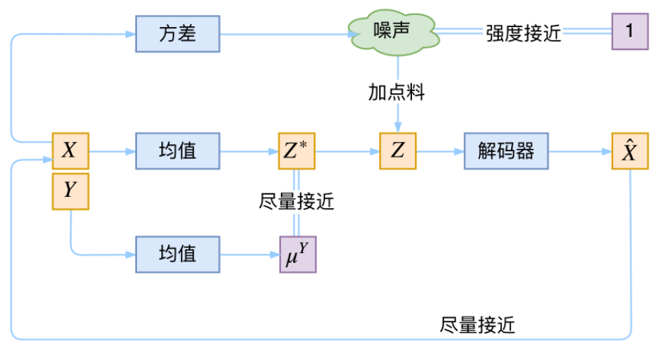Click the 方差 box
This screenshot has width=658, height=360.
(x=177, y=33)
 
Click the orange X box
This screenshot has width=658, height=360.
(x=70, y=150)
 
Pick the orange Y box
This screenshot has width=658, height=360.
(x=70, y=190)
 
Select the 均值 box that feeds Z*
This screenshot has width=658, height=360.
(x=177, y=150)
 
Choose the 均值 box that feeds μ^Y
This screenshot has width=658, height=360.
(x=177, y=253)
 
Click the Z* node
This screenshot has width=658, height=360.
(x=297, y=150)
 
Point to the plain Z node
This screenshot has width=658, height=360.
(x=398, y=150)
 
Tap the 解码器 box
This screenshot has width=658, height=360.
(x=505, y=150)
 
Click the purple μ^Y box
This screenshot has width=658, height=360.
(x=297, y=253)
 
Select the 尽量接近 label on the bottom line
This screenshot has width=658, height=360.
(x=477, y=325)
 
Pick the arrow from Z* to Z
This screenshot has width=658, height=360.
(x=347, y=150)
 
